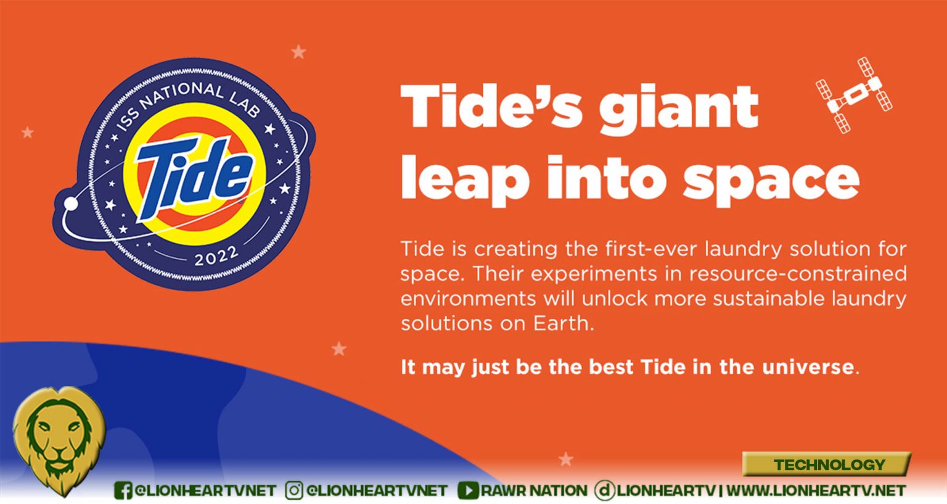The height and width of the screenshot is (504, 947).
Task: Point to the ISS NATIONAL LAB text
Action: click(187, 104)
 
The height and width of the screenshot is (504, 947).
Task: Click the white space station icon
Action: click(853, 95)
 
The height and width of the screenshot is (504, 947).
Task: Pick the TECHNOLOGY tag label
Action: click(829, 465)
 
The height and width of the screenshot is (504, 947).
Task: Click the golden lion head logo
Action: click(59, 440)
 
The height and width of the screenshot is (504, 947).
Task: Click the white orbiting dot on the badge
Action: click(71, 204)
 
